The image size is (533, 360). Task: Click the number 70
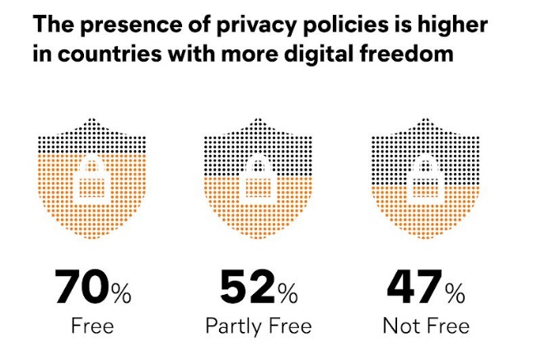pos(82,286)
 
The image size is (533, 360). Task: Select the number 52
pos(245,286)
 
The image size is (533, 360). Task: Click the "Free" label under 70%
pos(92,325)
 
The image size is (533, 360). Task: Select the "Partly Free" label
pos(259,326)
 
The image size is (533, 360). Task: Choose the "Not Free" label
pos(426,325)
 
